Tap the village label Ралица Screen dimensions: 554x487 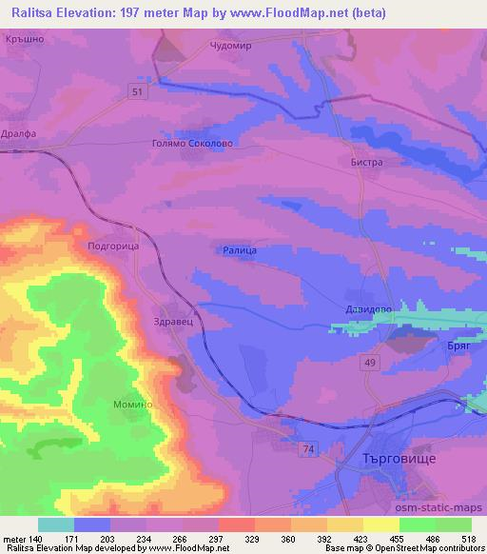(x=241, y=249)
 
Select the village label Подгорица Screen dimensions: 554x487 (x=113, y=246)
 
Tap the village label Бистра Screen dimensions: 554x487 (x=365, y=163)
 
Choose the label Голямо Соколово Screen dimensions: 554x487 (x=192, y=144)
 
